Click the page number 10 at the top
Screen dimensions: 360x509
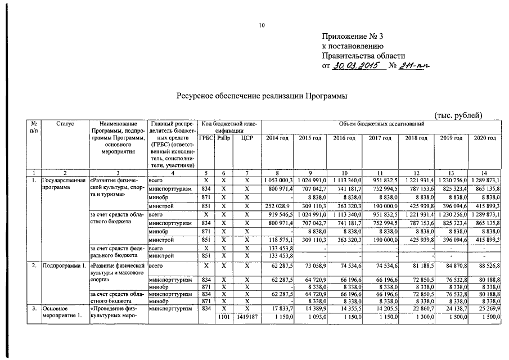click(x=261, y=25)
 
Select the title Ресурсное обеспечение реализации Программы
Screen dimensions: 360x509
click(x=262, y=96)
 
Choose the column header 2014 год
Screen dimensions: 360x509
click(x=277, y=138)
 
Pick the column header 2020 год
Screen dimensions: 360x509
click(x=485, y=138)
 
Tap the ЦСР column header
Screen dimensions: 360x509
click(x=247, y=138)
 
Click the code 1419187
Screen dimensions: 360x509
click(x=247, y=317)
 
